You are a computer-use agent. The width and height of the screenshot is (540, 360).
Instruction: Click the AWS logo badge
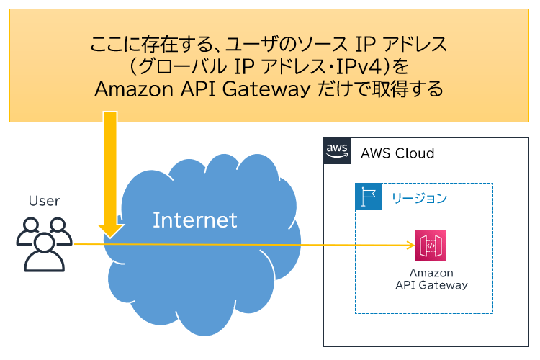coord(337,151)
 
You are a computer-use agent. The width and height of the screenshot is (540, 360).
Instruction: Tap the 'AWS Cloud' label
coord(397,153)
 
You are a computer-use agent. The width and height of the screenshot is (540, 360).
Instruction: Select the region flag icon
coord(368,197)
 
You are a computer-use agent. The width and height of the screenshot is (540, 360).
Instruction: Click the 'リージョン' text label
coord(419,197)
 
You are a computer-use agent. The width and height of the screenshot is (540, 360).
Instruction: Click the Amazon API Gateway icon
coord(431,246)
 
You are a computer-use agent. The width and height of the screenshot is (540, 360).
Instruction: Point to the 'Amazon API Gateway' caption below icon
coord(431,279)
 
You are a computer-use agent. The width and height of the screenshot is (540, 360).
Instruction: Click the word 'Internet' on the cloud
coord(194,220)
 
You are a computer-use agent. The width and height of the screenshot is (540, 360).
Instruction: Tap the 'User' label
coord(44,201)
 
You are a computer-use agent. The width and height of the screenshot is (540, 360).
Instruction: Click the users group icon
coord(44,243)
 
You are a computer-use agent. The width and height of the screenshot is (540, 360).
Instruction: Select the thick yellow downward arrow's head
coord(110,229)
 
